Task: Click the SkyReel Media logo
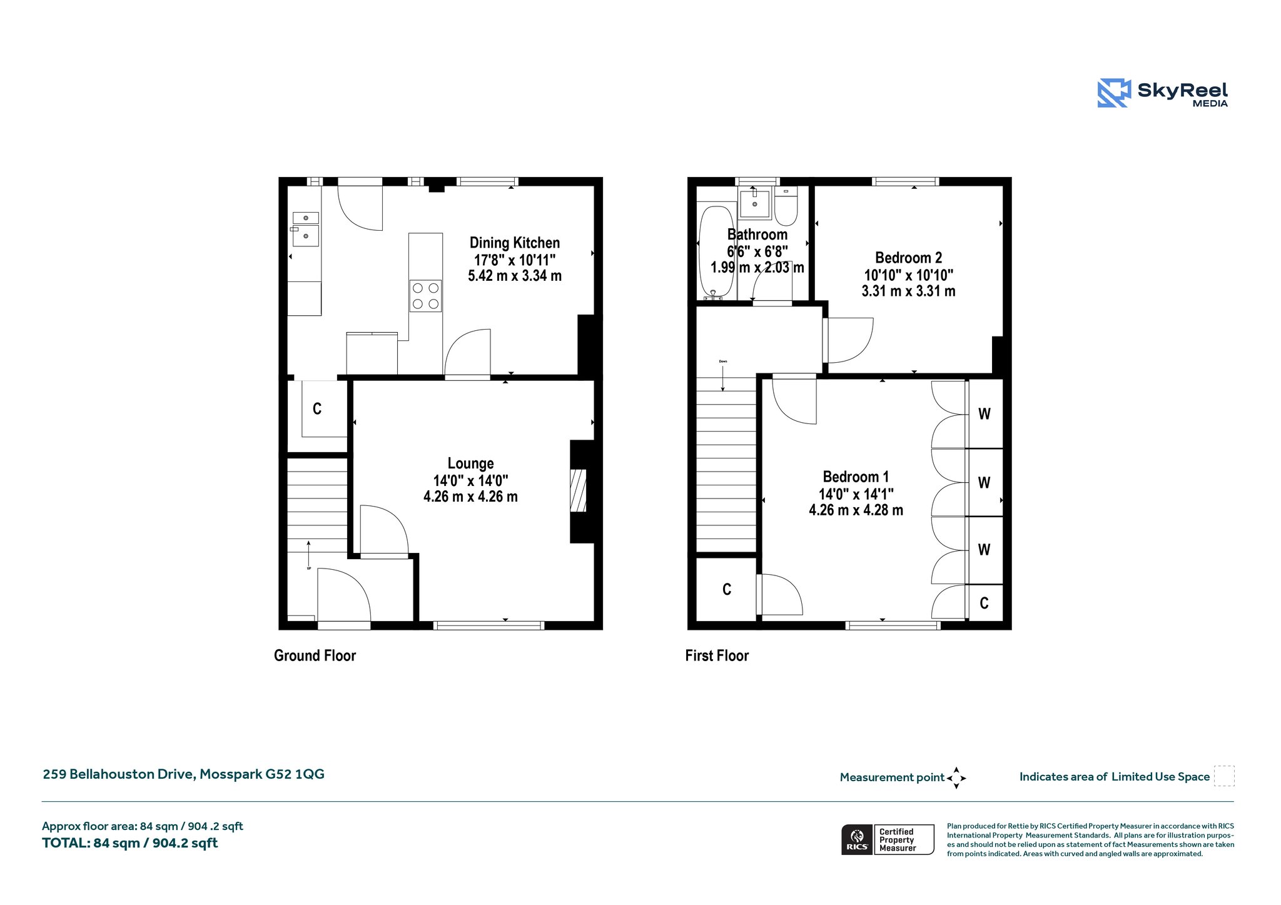click(x=1163, y=93)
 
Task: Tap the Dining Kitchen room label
click(x=515, y=243)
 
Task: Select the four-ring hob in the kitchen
click(x=425, y=296)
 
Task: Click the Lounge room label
click(x=470, y=463)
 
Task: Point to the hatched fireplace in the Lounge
click(x=579, y=491)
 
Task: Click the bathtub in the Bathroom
click(x=716, y=251)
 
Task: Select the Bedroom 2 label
click(x=908, y=258)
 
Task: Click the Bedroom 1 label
click(x=856, y=477)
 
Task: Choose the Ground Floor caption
click(x=315, y=655)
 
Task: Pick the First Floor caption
click(x=717, y=655)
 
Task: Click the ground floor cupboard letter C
click(x=317, y=409)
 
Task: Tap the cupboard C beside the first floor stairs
click(x=727, y=589)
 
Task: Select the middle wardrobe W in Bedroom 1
click(x=984, y=483)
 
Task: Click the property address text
click(x=183, y=774)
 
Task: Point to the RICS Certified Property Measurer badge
click(x=888, y=839)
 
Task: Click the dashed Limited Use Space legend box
click(x=1224, y=776)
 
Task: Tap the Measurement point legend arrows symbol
click(x=956, y=778)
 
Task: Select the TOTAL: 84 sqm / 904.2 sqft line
click(x=130, y=843)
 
